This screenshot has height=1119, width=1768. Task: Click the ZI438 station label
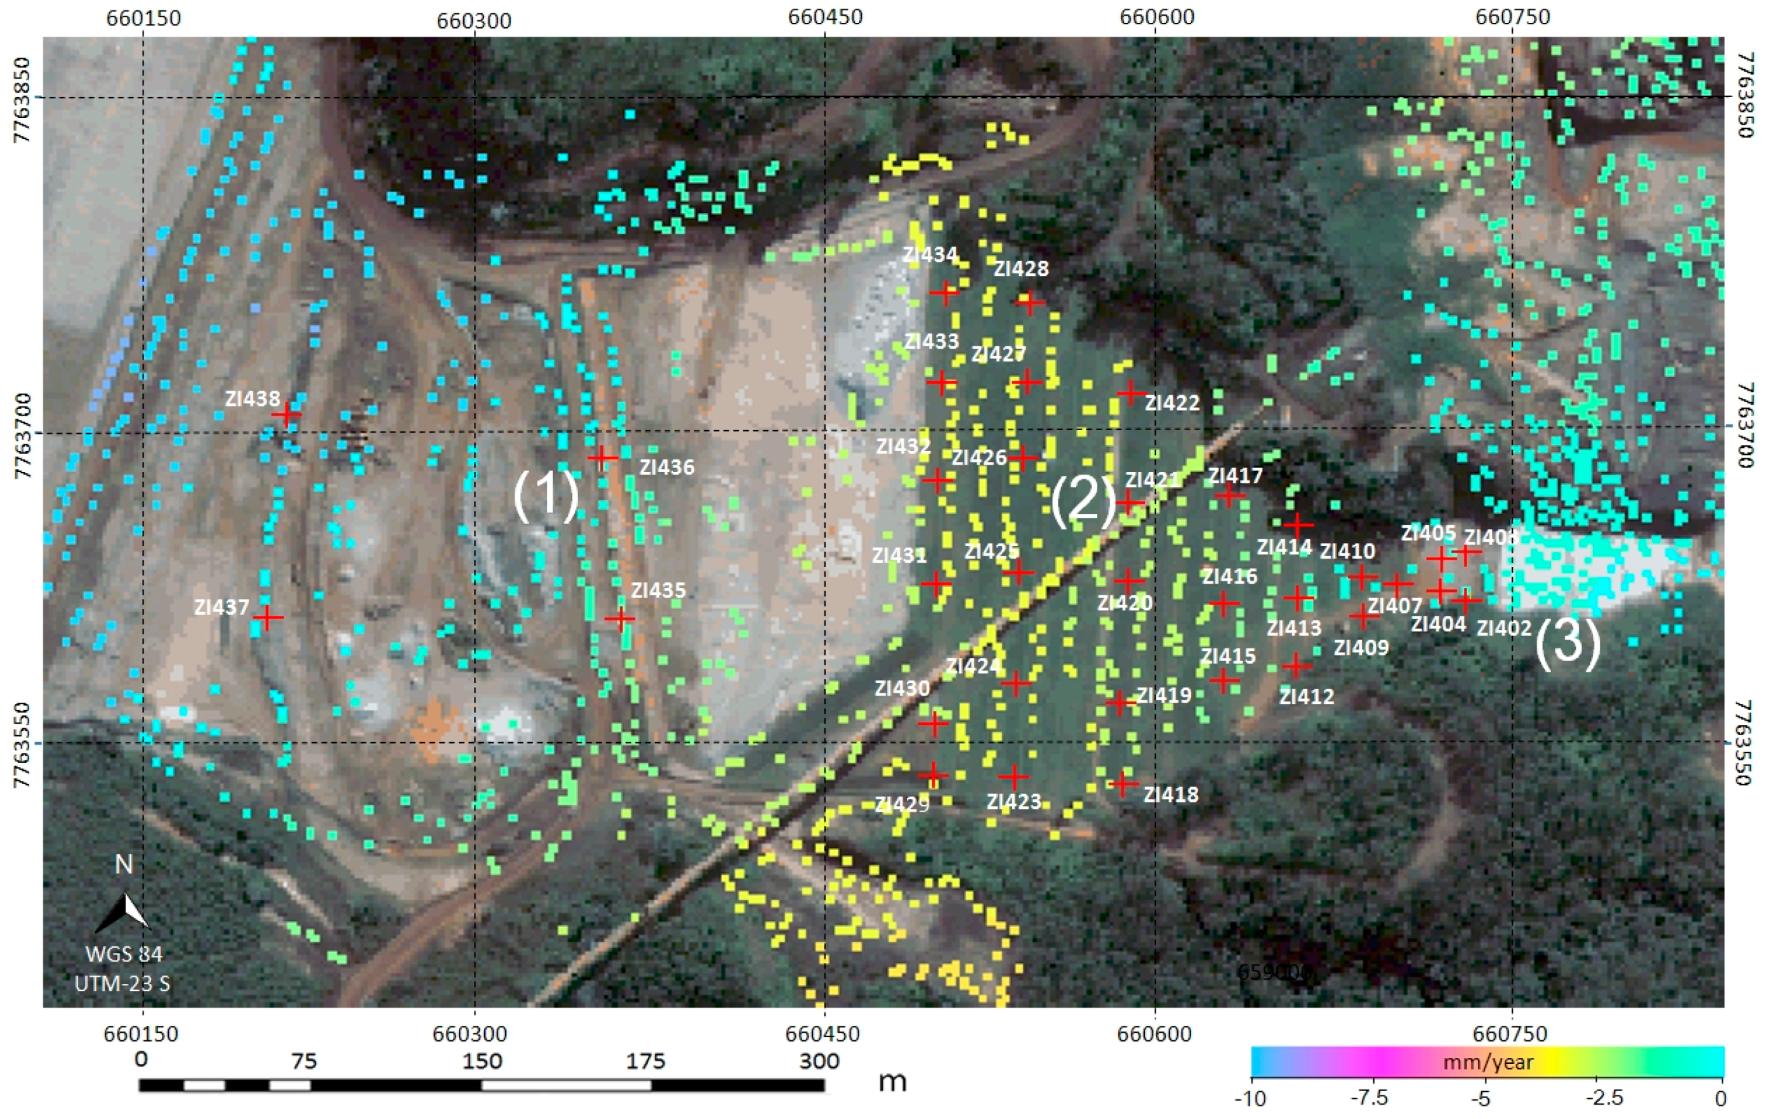(x=252, y=398)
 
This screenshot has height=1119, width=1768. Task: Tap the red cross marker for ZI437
(x=268, y=617)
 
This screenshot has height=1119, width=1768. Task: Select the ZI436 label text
(x=667, y=468)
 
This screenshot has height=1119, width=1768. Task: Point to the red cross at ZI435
(x=621, y=618)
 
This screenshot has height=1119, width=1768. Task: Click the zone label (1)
(x=546, y=496)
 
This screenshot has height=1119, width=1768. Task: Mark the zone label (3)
(x=1568, y=643)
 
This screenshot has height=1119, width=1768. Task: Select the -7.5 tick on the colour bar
(x=1369, y=1099)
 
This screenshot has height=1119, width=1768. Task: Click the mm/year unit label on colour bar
(x=1488, y=1062)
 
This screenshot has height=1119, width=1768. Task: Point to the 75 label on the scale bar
(x=303, y=1061)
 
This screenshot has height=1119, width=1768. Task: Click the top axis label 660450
(x=825, y=16)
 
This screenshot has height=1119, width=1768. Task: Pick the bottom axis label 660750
(x=1512, y=1035)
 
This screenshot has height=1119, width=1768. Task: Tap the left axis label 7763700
(x=23, y=435)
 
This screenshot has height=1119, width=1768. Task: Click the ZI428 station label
(x=1021, y=268)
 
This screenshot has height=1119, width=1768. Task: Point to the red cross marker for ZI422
(x=1131, y=393)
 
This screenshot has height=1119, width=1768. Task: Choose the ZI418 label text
(x=1170, y=795)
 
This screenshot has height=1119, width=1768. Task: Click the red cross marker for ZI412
(x=1296, y=666)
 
